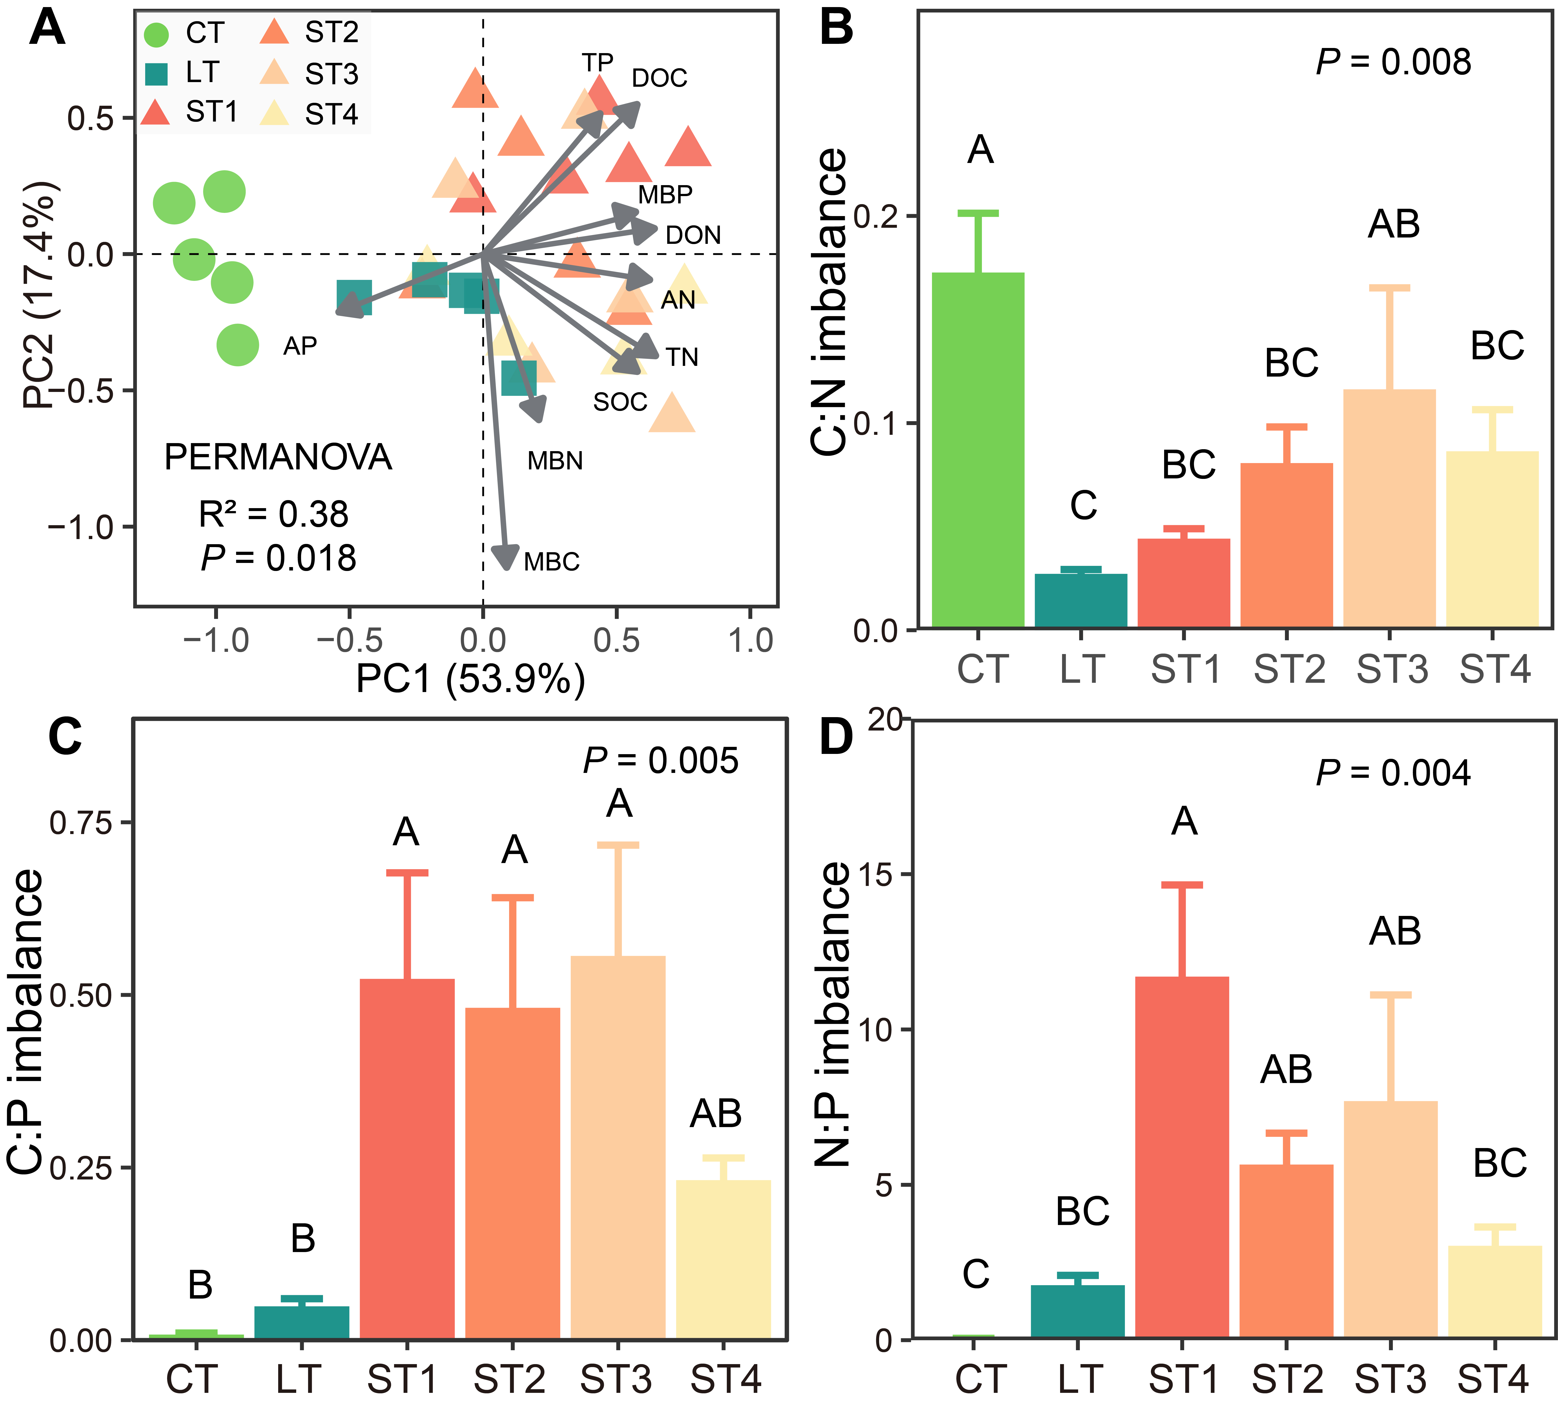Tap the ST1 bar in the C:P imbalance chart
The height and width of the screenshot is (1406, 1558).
(x=407, y=1159)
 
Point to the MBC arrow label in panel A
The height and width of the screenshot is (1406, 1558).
(x=551, y=562)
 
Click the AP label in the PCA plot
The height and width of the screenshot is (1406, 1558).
(x=300, y=346)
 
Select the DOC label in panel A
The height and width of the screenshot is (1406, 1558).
(x=659, y=78)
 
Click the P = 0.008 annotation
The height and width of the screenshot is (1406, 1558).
(x=1394, y=62)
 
